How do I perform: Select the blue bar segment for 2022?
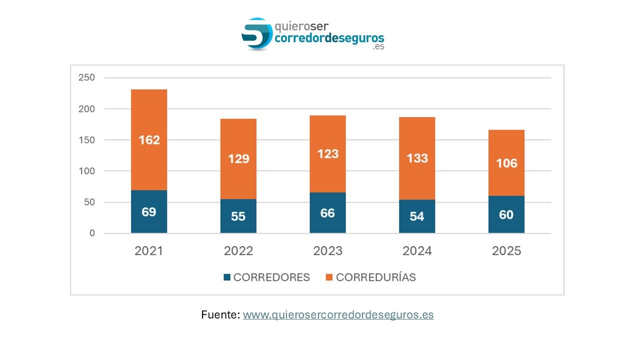(x=238, y=216)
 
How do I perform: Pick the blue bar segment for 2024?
(x=417, y=216)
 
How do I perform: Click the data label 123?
(x=327, y=154)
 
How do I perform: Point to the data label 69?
(x=149, y=211)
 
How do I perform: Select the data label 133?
(x=417, y=158)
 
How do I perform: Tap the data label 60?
(x=506, y=214)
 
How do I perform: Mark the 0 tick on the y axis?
(x=92, y=233)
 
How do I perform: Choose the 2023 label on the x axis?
(x=327, y=251)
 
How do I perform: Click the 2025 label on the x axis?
(x=506, y=251)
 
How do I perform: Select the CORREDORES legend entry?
(x=271, y=277)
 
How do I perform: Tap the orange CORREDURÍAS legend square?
(x=329, y=277)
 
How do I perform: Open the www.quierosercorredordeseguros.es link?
(x=338, y=315)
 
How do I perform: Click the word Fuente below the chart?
(x=220, y=315)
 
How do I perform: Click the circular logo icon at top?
(x=257, y=34)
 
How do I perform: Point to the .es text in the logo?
(x=378, y=47)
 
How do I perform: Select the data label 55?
(x=238, y=217)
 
